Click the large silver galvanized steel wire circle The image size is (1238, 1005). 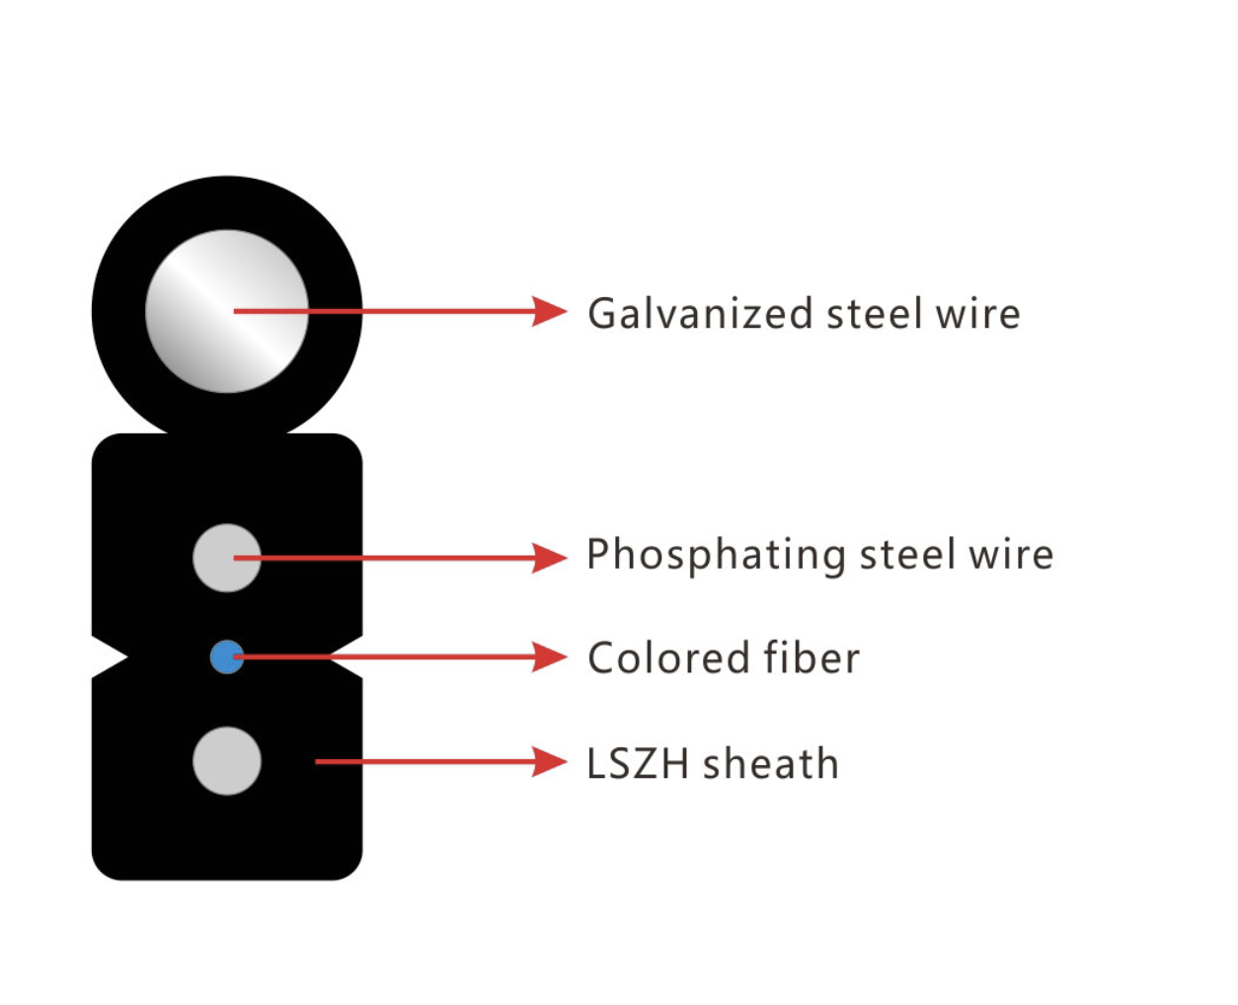(227, 312)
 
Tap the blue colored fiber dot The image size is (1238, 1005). (227, 657)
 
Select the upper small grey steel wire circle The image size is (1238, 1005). (227, 558)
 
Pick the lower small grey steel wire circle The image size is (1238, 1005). (227, 761)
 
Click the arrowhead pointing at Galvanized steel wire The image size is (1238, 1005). (549, 312)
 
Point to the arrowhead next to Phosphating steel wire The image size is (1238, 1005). (549, 558)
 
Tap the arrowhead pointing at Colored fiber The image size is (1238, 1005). (549, 657)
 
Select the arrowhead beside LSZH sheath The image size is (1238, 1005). (549, 761)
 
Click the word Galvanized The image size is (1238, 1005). (700, 314)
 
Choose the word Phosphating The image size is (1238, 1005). (716, 556)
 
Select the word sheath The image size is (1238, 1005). (771, 762)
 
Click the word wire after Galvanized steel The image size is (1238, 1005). (978, 314)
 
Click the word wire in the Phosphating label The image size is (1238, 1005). (1011, 555)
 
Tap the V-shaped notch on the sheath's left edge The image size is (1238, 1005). (111, 657)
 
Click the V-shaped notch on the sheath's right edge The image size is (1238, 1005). (346, 657)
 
